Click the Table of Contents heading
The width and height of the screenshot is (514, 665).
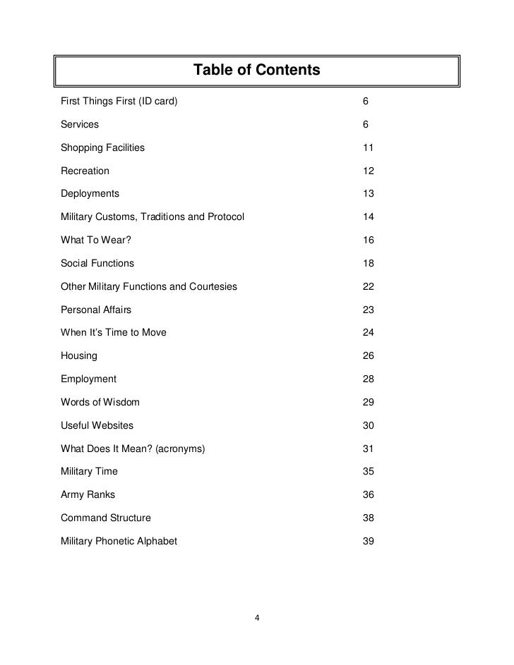[257, 71]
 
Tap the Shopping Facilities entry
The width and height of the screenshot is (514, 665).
[102, 148]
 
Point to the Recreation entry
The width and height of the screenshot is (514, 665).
[85, 171]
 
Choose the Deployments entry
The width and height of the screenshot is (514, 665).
[90, 194]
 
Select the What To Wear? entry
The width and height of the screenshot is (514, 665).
[96, 240]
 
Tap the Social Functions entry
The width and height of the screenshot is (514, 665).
[97, 264]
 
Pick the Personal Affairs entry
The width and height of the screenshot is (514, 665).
[96, 310]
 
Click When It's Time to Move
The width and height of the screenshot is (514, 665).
[114, 333]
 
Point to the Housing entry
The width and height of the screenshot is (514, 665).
[79, 356]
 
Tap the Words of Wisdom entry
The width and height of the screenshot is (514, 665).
[100, 402]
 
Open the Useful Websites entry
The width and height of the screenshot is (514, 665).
[97, 425]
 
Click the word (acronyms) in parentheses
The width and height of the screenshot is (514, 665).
[182, 449]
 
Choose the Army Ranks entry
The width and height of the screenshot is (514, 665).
[88, 494]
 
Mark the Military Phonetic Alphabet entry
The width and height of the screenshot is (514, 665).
[119, 541]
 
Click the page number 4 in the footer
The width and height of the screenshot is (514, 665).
[257, 618]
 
